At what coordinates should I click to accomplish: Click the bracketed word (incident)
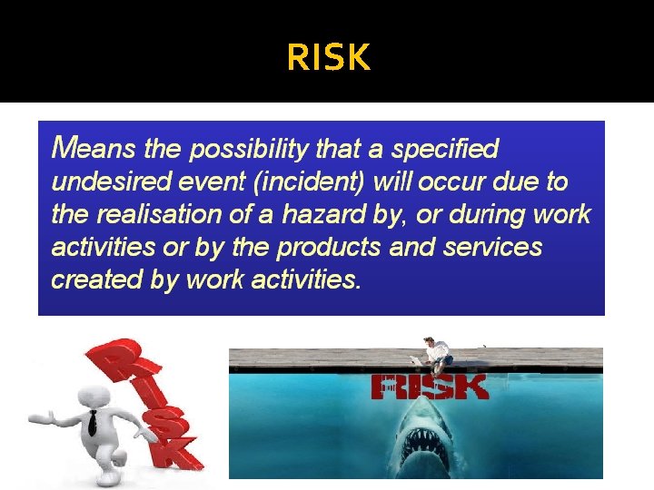point(309,181)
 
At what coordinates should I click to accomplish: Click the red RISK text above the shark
point(430,387)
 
